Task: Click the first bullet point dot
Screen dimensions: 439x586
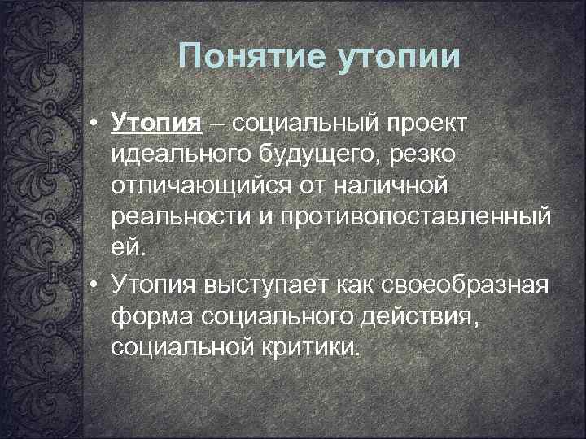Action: click(95, 123)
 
